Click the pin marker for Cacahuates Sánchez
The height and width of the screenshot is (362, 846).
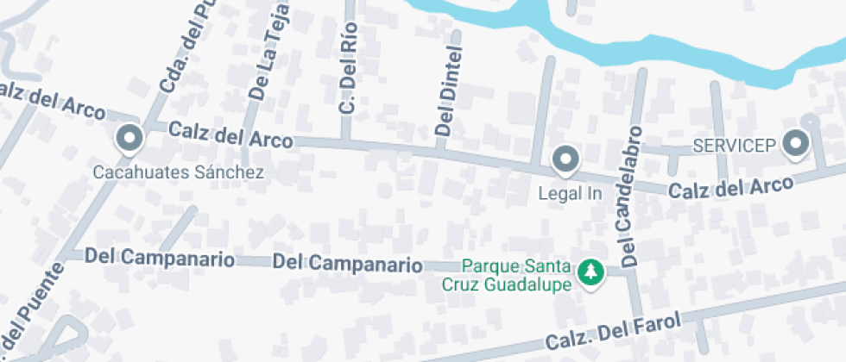click(129, 138)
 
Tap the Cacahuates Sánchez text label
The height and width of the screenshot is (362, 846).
click(179, 173)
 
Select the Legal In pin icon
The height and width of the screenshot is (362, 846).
click(565, 159)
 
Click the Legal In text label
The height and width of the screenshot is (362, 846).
click(570, 193)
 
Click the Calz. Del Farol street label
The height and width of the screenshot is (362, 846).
click(612, 331)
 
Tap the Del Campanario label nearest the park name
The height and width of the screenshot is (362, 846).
click(347, 263)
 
